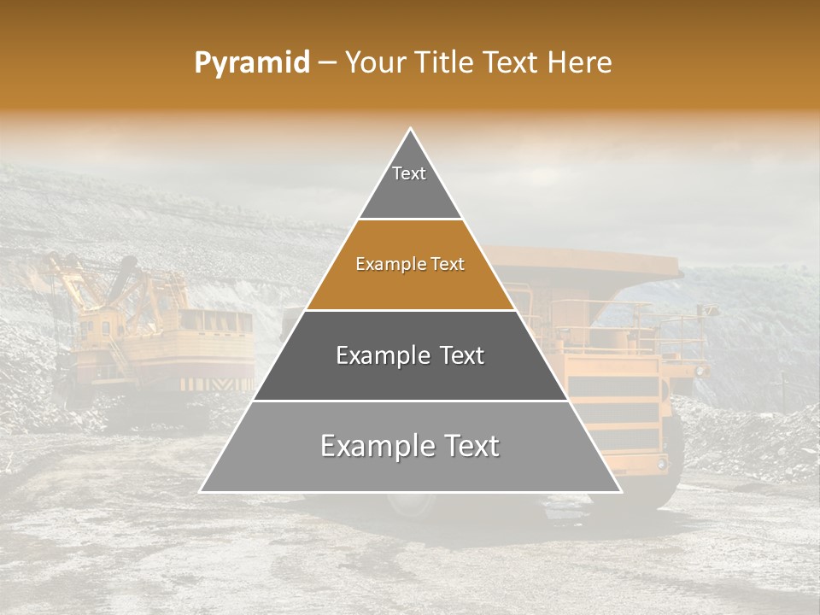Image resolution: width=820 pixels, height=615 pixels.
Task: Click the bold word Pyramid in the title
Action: (251, 63)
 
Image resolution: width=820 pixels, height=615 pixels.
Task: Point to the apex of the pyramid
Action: (410, 130)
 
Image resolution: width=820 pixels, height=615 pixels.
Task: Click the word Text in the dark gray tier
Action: (458, 355)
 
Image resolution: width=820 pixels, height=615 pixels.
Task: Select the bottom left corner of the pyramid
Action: (201, 491)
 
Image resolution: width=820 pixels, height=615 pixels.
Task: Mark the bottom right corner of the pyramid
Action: (620, 491)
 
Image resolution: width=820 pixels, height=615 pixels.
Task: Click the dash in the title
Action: (327, 63)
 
